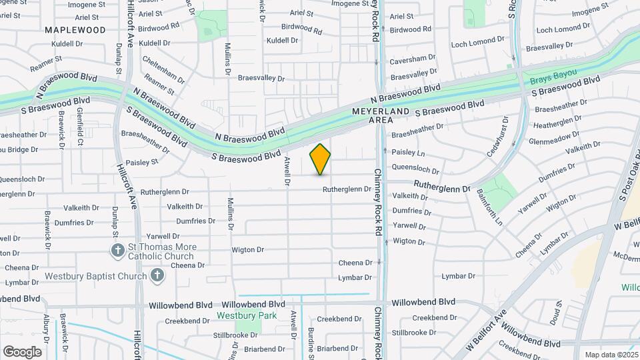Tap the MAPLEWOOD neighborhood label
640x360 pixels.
[75, 30]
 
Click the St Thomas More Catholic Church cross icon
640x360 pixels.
[117, 250]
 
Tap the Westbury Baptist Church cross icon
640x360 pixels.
[157, 275]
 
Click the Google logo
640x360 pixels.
[21, 351]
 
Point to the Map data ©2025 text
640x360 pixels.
[610, 355]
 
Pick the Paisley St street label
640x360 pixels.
[142, 161]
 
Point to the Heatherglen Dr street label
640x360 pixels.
[559, 123]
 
